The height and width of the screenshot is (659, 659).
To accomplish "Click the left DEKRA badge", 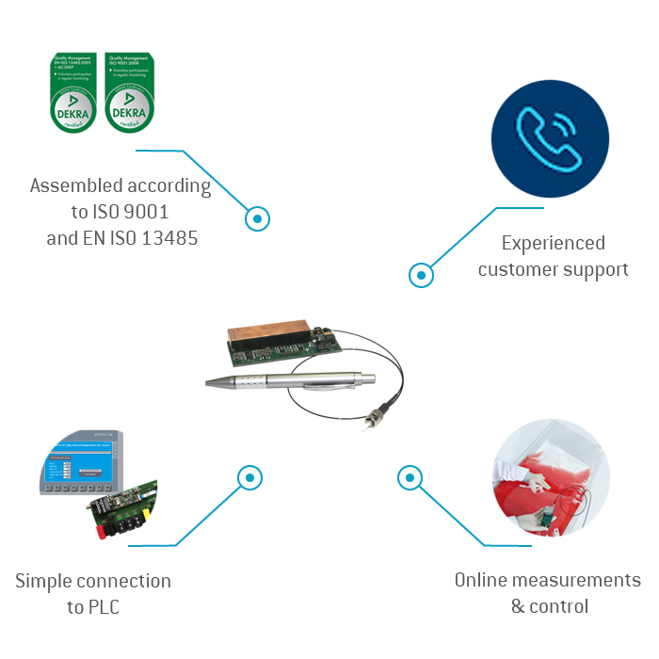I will pos(73,92).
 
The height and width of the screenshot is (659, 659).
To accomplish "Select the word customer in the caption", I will pos(521,269).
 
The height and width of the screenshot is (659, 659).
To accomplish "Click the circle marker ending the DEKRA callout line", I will pos(257,218).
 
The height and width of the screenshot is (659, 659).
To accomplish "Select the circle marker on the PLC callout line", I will pos(249,477).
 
